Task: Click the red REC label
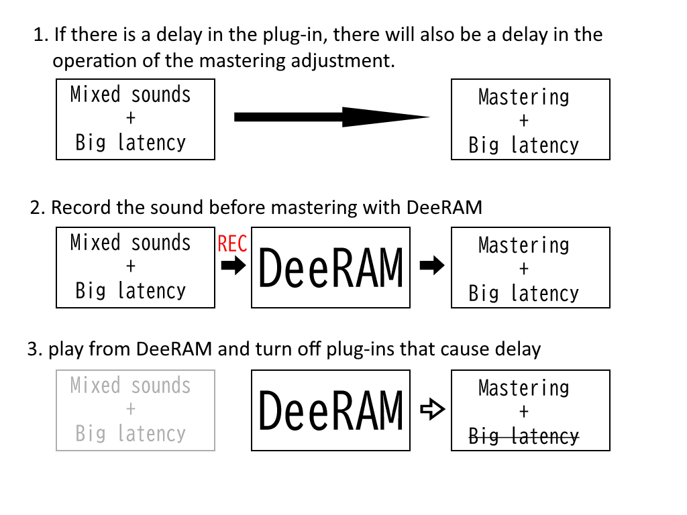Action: pos(232,243)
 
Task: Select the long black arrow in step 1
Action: pos(331,117)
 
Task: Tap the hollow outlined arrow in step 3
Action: pos(433,410)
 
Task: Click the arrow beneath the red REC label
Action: pos(233,265)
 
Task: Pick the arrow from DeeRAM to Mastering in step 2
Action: pos(432,265)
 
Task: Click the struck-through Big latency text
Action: pos(523,436)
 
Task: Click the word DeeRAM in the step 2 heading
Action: pos(444,208)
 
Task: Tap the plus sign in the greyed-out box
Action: pos(131,409)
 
